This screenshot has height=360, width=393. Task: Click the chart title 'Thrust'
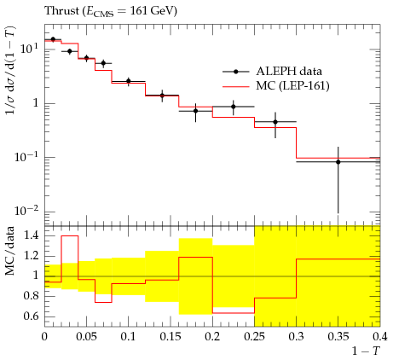click(x=62, y=11)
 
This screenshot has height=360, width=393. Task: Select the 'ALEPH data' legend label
click(x=289, y=71)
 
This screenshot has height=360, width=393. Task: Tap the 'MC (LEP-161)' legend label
click(x=292, y=85)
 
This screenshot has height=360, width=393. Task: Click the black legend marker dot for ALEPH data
click(x=235, y=72)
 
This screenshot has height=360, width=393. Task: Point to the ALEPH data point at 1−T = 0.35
click(x=338, y=162)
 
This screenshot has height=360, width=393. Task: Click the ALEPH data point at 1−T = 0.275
click(x=275, y=122)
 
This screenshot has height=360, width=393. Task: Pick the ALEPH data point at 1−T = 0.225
click(x=234, y=107)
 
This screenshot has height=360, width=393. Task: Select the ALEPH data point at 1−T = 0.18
click(x=195, y=111)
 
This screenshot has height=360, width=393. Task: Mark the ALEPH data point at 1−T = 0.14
click(x=162, y=96)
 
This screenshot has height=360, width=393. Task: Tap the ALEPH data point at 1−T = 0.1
click(x=129, y=81)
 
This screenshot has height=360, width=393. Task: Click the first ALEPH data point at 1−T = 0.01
click(x=53, y=39)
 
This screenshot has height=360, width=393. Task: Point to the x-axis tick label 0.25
click(x=254, y=336)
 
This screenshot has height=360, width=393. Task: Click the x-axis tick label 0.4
click(x=379, y=336)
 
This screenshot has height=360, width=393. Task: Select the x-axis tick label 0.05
click(x=86, y=336)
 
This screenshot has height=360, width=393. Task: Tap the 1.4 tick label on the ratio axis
click(x=31, y=235)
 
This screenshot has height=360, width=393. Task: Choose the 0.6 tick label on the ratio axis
click(x=31, y=316)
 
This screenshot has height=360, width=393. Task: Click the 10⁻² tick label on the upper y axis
click(x=26, y=211)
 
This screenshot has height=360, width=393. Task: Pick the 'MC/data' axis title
click(x=9, y=251)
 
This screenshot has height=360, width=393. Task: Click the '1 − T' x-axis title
click(x=367, y=351)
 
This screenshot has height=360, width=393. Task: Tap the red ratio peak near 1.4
click(x=70, y=235)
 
